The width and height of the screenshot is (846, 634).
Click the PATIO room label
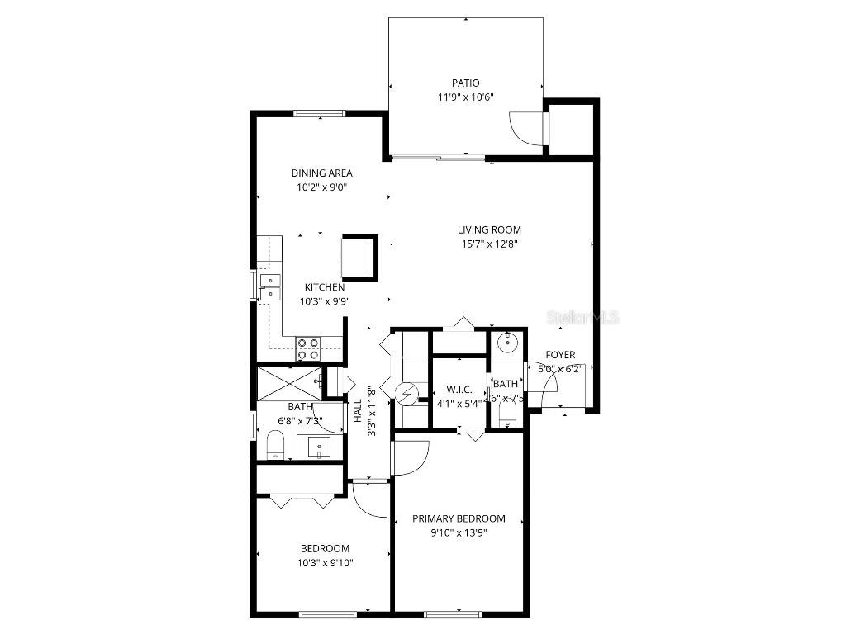click(465, 83)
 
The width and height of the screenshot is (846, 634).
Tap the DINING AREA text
click(321, 173)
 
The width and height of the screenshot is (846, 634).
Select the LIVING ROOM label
click(490, 229)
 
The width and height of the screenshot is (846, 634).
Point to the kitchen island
click(359, 257)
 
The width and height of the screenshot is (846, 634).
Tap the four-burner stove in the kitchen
click(308, 348)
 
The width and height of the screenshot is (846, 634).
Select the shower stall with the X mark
click(288, 382)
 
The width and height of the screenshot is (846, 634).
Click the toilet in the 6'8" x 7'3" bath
click(276, 444)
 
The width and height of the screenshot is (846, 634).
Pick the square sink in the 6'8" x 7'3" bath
click(320, 447)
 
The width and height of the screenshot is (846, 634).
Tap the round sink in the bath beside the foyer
click(506, 342)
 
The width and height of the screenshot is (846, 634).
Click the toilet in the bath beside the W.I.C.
click(507, 409)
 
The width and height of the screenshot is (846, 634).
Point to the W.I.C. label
click(459, 389)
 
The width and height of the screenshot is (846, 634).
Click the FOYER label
click(560, 355)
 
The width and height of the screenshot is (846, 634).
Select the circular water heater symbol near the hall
click(406, 394)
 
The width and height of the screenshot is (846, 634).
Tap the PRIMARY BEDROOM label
click(459, 518)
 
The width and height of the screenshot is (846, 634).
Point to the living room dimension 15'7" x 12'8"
click(490, 244)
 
